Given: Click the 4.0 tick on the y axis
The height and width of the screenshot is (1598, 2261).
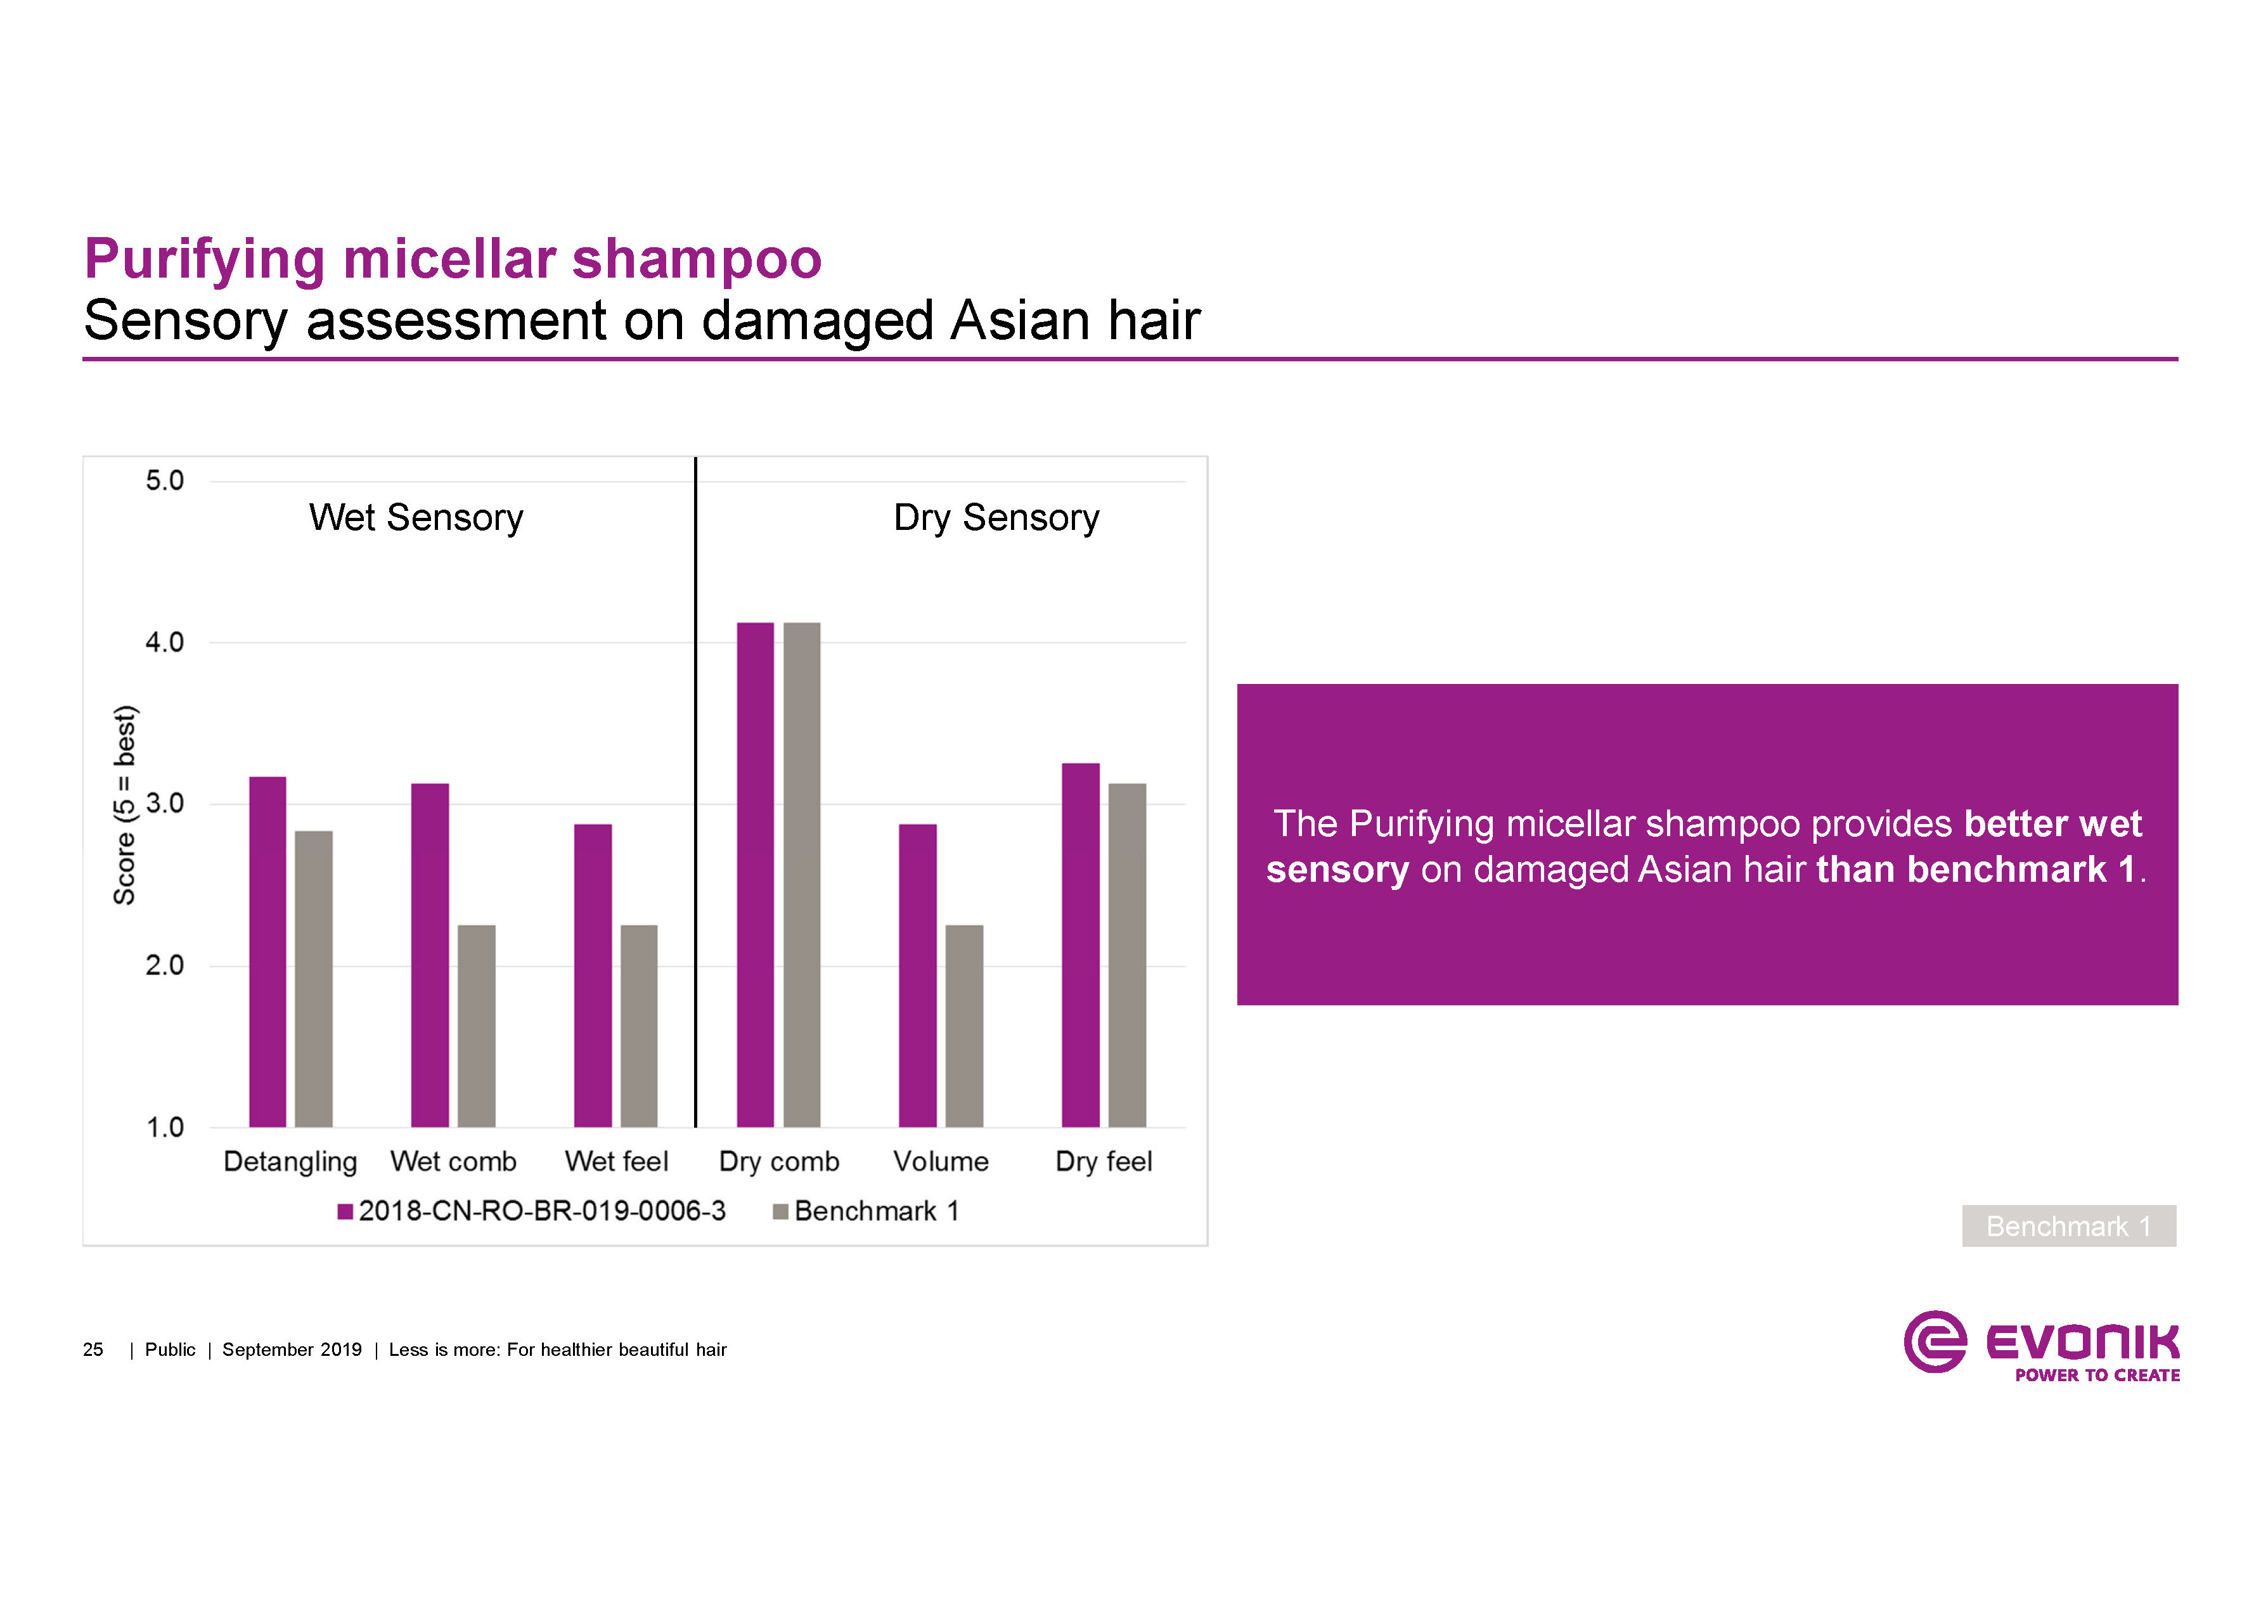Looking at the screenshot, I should point(164,643).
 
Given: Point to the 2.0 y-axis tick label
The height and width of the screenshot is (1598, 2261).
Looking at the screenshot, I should point(164,966).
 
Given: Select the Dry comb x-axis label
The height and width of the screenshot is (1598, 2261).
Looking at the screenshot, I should point(779,1162).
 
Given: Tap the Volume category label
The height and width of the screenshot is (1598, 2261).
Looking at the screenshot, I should point(941,1162).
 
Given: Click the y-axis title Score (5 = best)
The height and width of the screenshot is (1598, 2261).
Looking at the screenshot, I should point(125,806).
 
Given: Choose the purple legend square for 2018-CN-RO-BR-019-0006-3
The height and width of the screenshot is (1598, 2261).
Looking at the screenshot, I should point(345,1212).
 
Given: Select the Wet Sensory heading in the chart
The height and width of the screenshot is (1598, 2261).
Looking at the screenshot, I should point(416,518).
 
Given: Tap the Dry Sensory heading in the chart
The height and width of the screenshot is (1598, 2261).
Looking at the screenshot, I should point(996,518).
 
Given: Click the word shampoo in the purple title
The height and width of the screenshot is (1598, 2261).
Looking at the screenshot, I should point(696,260).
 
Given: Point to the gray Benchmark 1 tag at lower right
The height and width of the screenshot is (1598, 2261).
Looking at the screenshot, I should point(2068,1226).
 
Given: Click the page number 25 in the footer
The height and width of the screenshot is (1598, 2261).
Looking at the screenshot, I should point(93,1350).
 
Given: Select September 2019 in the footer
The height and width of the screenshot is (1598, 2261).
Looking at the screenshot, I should point(292,1350).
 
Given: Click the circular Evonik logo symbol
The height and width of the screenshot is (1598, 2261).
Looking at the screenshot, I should point(1934,1341).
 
